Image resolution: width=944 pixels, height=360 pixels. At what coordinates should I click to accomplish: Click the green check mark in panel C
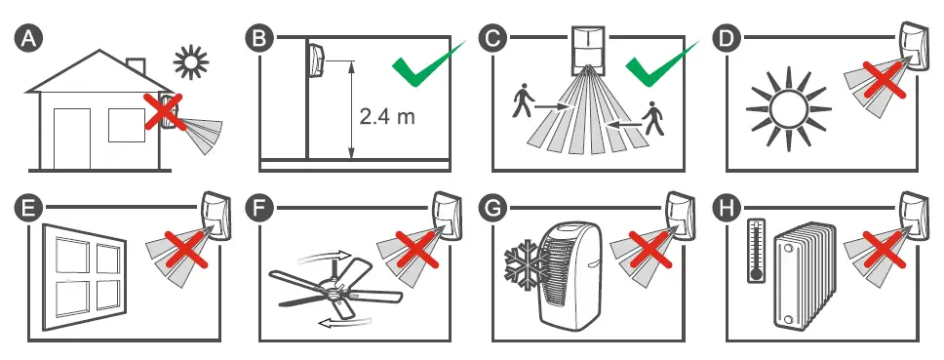pos(661,65)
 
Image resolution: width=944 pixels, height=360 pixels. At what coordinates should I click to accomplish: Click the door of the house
pos(72,138)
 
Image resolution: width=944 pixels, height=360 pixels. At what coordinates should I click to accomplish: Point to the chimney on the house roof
pos(137,66)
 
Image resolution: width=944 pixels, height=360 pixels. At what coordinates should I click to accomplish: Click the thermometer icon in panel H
pos(755,251)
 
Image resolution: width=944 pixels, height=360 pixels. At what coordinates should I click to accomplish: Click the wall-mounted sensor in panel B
pos(317,59)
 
